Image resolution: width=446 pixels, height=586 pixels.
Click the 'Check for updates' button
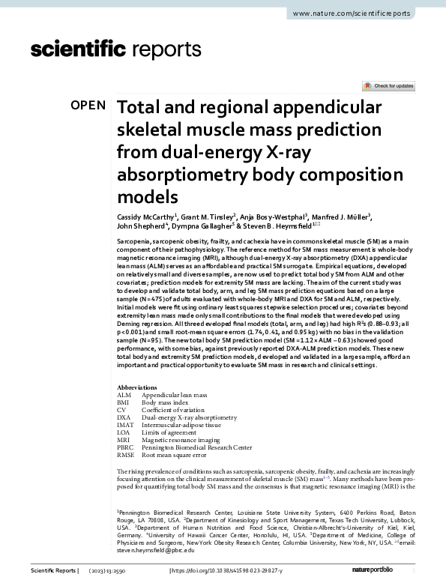[x=388, y=86]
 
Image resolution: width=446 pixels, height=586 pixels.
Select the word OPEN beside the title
[x=88, y=106]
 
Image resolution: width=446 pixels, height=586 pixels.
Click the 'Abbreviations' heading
[x=139, y=387]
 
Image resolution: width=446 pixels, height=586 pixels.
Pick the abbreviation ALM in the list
[x=124, y=394]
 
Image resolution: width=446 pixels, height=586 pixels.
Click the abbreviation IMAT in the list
[x=125, y=425]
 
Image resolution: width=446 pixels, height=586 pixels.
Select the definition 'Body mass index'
[x=166, y=402]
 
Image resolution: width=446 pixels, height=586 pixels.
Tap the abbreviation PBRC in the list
[x=126, y=447]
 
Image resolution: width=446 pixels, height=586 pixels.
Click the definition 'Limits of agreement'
[x=171, y=432]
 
